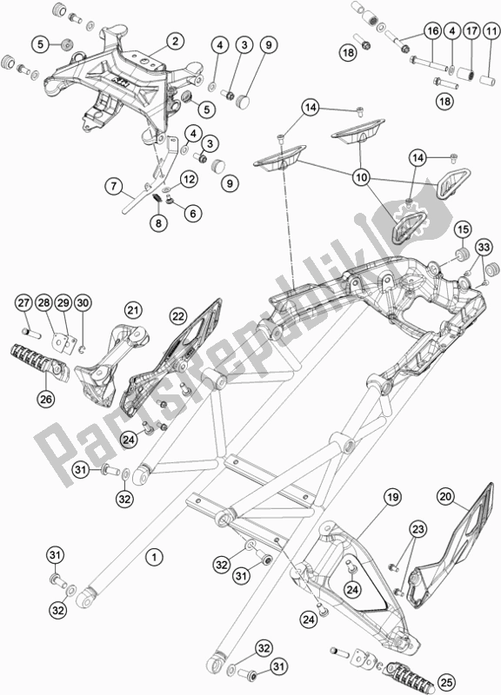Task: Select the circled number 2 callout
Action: [175, 41]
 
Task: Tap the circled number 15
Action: [464, 229]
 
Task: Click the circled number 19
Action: [392, 498]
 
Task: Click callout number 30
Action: [83, 302]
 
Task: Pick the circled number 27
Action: [24, 302]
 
